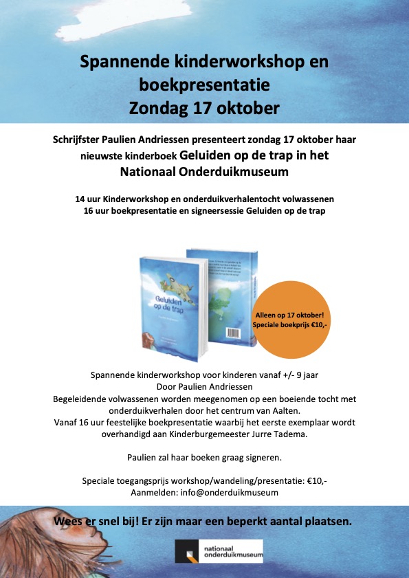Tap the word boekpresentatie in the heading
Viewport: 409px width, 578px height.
204,85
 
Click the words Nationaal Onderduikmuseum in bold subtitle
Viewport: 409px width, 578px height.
204,170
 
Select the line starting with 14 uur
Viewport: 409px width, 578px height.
204,199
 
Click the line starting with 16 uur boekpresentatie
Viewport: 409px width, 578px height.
204,210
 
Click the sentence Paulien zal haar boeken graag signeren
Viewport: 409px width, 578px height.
204,457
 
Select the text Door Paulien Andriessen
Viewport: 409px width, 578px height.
204,387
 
